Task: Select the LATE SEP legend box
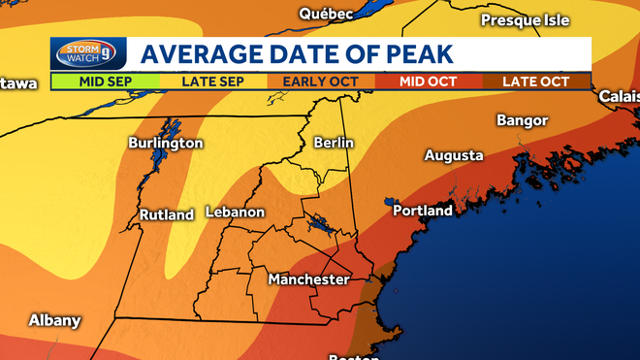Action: [x=212, y=82]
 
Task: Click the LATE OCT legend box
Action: [x=536, y=82]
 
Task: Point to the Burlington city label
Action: [x=166, y=143]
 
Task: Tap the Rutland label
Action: [x=167, y=214]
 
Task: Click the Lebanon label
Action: [x=235, y=213]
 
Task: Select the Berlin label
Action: [x=334, y=143]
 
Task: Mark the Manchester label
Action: [x=308, y=279]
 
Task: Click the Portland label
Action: [x=423, y=211]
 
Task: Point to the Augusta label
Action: [x=454, y=155]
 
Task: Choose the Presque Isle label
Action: [x=524, y=19]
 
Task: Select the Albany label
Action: [x=54, y=320]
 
